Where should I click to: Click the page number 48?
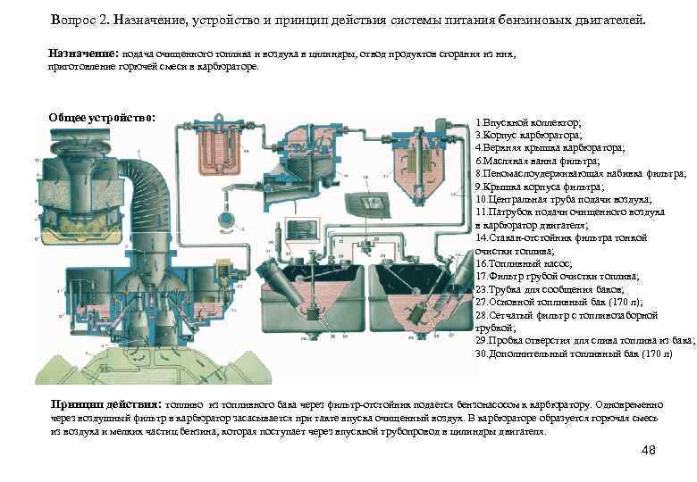[x=649, y=450]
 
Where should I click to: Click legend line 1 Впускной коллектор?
[x=529, y=120]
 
